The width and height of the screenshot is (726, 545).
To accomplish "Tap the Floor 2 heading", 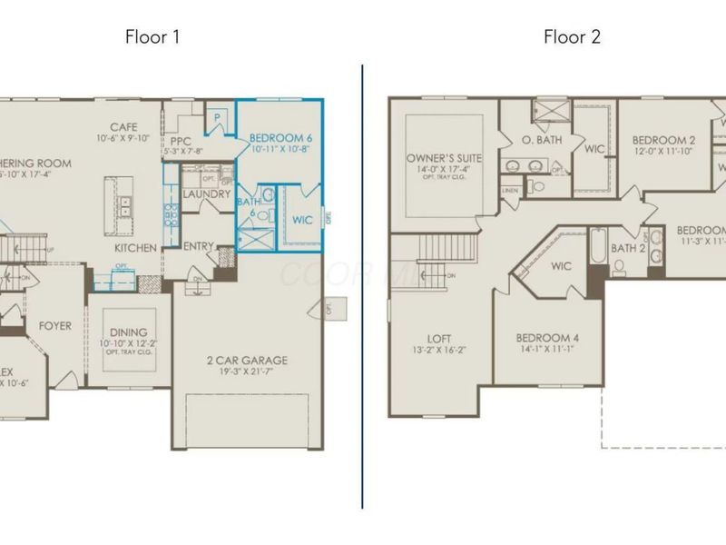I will coord(572,36).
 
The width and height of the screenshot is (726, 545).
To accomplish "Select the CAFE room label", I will coord(123,127).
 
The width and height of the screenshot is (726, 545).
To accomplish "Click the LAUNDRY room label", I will coord(206,194).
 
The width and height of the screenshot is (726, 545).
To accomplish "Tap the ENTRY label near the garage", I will coord(199,246).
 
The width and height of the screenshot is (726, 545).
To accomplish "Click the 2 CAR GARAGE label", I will coord(247,361).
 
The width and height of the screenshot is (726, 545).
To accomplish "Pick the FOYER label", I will coord(54,326).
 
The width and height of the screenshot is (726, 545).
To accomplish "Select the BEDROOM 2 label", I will coord(663,140).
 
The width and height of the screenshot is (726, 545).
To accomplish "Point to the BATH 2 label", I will coord(629,248).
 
